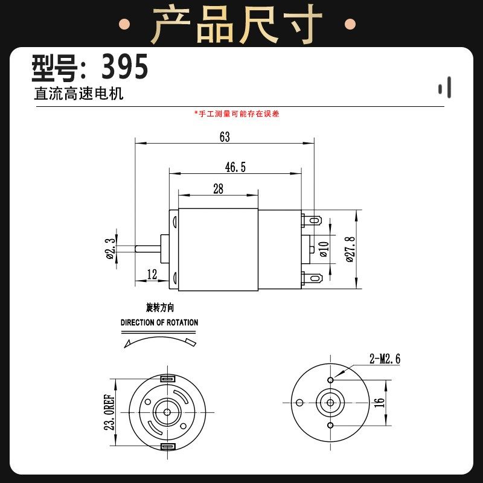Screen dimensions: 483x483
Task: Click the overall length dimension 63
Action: click(x=225, y=137)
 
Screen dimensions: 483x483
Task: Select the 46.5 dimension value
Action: click(x=235, y=167)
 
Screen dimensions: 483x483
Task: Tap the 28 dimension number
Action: click(x=218, y=189)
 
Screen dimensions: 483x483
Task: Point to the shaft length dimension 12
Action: click(x=152, y=275)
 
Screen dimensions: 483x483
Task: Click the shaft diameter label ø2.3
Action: click(x=110, y=248)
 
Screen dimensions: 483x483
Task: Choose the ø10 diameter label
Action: click(x=324, y=248)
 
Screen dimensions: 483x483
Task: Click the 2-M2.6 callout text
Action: click(x=385, y=360)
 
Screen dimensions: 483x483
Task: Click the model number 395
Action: click(x=124, y=68)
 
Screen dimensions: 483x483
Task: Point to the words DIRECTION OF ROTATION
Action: click(x=159, y=322)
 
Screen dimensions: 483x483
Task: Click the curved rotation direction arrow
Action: click(x=159, y=341)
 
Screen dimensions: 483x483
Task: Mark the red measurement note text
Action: click(x=237, y=114)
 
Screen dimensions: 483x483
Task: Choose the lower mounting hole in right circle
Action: click(x=330, y=426)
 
